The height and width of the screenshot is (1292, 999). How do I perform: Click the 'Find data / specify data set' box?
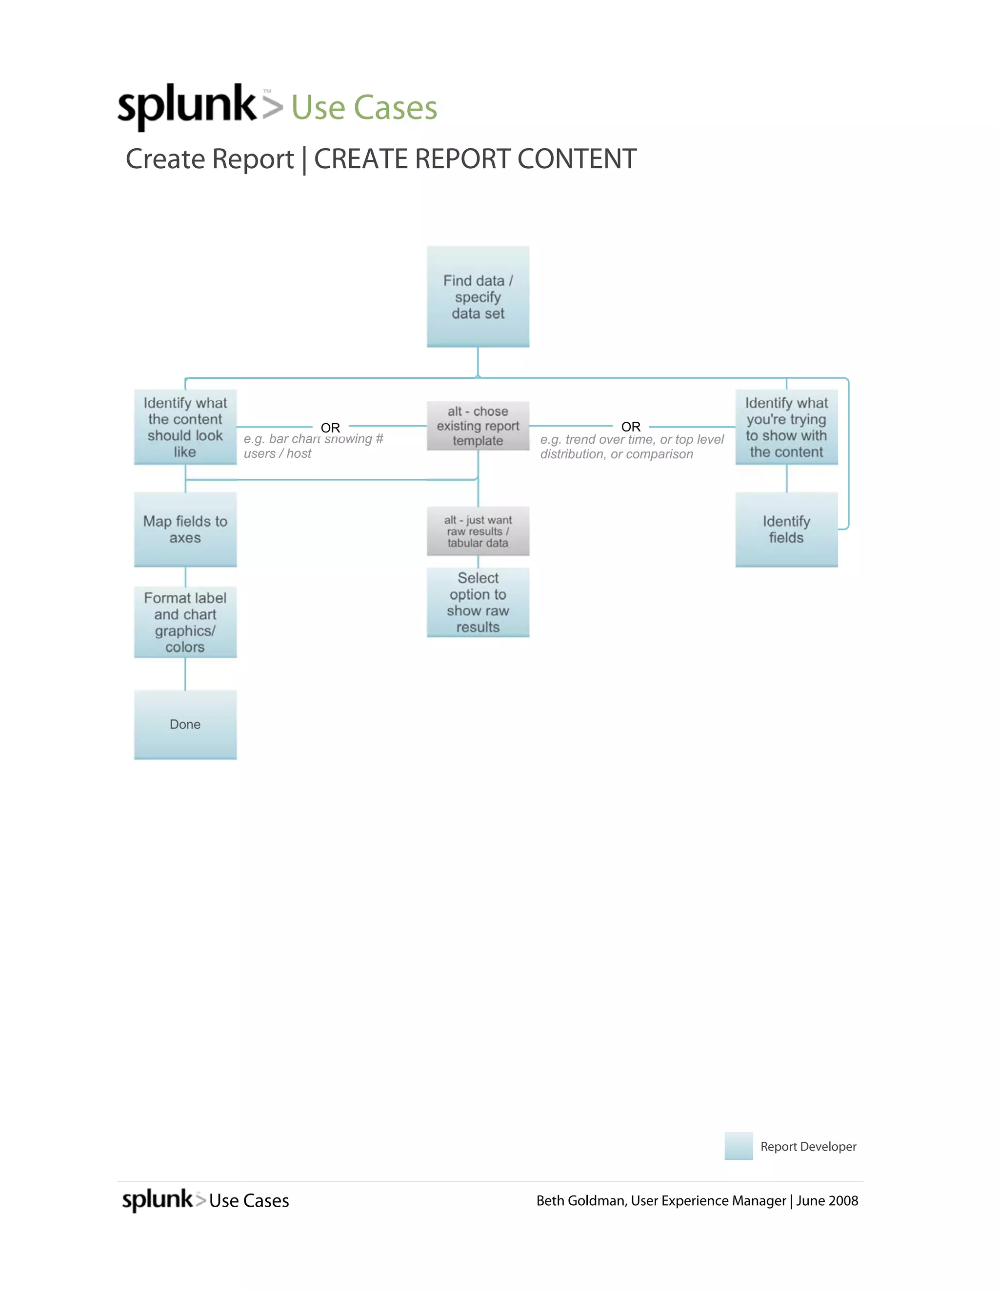478,296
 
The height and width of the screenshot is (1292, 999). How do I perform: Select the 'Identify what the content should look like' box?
185,427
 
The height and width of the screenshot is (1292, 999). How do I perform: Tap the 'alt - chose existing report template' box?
478,426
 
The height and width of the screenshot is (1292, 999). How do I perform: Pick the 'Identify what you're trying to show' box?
786,427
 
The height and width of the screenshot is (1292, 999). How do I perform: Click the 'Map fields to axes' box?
185,529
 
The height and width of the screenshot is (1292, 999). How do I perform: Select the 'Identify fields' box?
786,529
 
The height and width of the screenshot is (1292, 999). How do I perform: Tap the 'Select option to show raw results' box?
478,602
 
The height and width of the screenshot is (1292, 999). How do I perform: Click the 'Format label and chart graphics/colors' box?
185,622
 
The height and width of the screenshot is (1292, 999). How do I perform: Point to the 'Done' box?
185,724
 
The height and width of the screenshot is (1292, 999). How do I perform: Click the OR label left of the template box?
330,428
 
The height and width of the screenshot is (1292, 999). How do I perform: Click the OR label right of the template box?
631,427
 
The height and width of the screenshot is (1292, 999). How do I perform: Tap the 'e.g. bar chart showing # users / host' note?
313,447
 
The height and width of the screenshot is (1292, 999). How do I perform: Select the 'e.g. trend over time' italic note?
632,447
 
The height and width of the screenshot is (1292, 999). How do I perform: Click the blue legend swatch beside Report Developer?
739,1146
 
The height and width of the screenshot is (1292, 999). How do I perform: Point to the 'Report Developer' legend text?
808,1147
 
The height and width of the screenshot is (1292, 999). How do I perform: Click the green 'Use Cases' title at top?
364,108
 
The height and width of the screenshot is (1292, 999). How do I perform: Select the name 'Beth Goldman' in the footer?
580,1200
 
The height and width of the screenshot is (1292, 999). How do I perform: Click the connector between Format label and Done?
185,674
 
